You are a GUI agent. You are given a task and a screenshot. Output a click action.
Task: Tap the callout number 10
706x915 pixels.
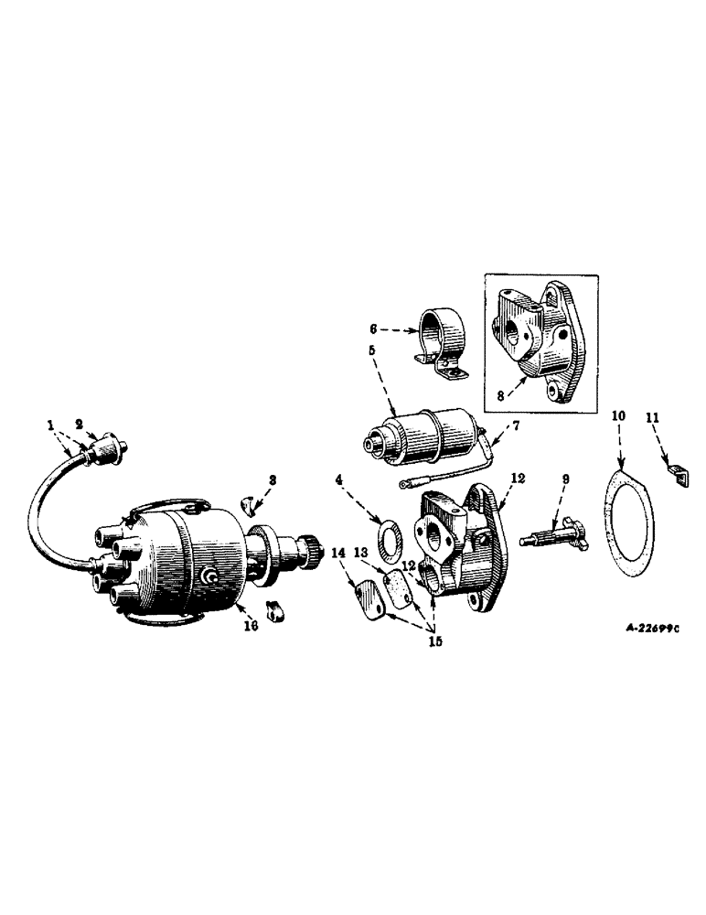[618, 416]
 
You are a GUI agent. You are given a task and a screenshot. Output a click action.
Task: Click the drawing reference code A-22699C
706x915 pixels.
[653, 630]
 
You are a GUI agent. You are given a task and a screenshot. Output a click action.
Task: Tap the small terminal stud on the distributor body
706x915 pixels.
[209, 575]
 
